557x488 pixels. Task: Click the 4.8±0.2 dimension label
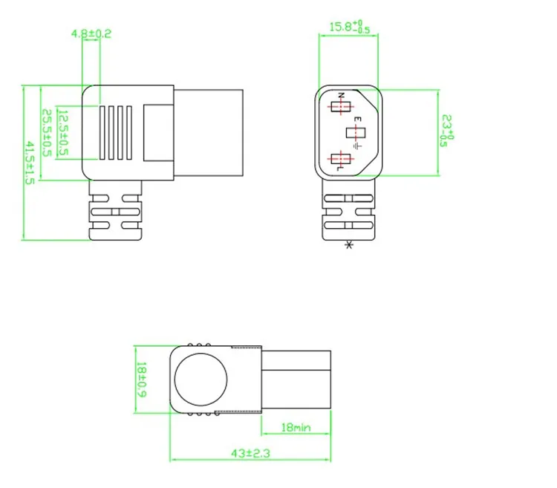(x=91, y=33)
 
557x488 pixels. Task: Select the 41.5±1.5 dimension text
(x=30, y=163)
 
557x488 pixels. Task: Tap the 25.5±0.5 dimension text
(x=46, y=133)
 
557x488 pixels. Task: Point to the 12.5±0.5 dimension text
(x=63, y=133)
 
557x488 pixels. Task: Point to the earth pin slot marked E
(x=356, y=133)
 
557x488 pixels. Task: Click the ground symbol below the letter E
(x=357, y=146)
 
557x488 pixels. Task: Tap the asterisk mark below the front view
(x=349, y=246)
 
